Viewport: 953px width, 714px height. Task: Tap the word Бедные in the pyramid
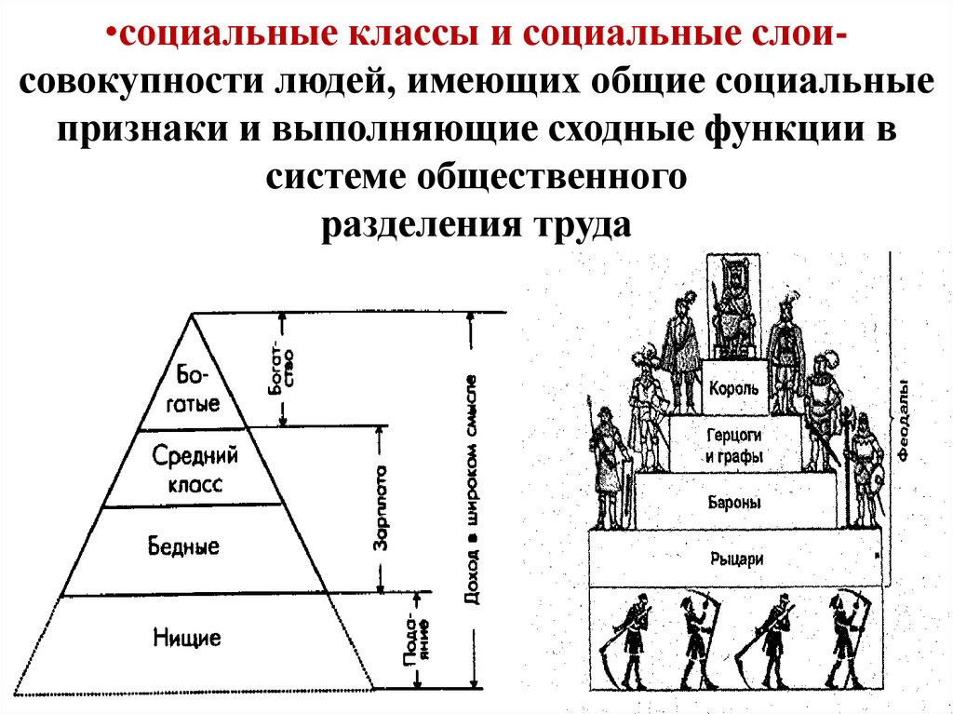click(x=184, y=546)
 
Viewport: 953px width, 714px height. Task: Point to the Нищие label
click(x=188, y=639)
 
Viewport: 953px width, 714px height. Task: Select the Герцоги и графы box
click(x=734, y=445)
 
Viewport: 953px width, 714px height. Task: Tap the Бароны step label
click(x=735, y=503)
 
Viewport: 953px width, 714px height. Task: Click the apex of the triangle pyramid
click(x=192, y=315)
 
